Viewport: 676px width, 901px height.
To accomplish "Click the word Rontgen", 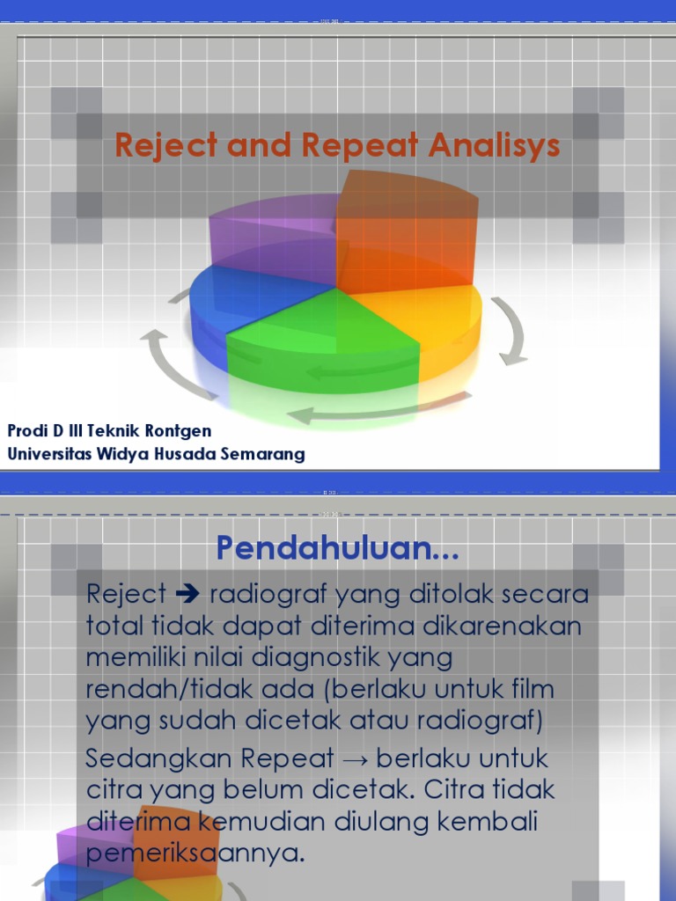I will [180, 431].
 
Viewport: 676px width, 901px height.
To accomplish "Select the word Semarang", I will [263, 454].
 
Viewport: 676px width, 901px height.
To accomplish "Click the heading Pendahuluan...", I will [338, 551].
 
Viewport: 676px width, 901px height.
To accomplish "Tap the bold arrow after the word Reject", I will [189, 595].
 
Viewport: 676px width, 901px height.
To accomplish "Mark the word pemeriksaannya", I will [195, 853].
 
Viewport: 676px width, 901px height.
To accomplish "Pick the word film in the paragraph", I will [525, 689].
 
